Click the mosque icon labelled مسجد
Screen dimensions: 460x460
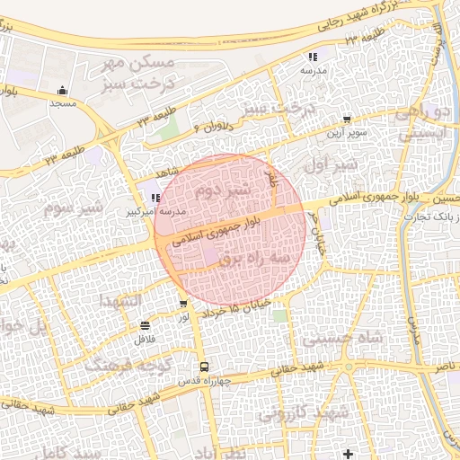tap(62, 90)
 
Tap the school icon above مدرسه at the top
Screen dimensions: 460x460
tap(313, 57)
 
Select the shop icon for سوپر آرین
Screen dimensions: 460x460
tap(347, 119)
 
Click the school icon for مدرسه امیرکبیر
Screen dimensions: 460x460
tap(155, 198)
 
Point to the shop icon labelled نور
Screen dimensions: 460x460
tap(183, 304)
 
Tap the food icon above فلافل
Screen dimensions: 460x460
tap(146, 325)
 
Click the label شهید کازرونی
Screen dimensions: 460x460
tap(302, 414)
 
